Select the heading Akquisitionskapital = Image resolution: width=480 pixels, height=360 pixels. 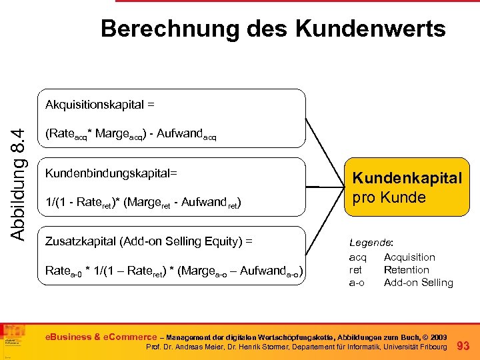coord(100,105)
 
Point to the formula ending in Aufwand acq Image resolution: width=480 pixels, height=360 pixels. coord(131,135)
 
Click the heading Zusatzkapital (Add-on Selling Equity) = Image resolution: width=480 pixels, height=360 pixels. coord(157,240)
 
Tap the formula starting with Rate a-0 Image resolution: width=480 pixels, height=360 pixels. coord(174,271)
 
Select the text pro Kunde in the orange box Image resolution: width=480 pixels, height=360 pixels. coord(389,197)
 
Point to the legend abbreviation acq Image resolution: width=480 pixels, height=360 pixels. coord(357,257)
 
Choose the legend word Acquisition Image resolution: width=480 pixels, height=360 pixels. coord(409,257)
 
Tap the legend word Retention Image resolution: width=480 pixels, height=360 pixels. coord(406,270)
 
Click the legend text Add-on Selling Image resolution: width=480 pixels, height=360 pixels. coord(418,283)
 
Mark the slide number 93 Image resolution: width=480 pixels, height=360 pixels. coord(464,345)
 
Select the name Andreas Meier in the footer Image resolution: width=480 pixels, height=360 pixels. coord(201,348)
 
